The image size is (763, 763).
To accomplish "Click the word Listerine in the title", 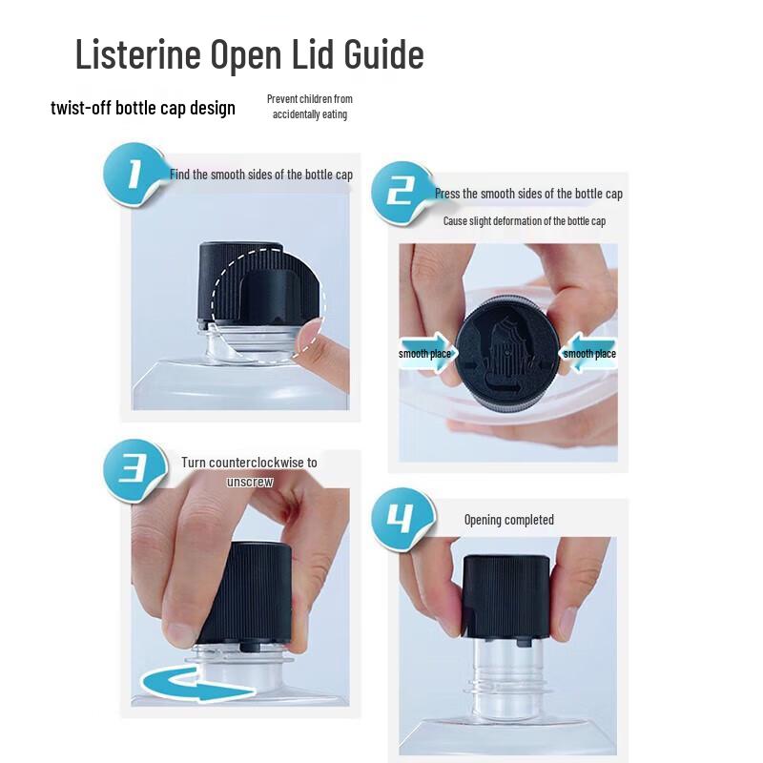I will [137, 54].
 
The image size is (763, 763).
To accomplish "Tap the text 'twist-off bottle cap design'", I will [143, 107].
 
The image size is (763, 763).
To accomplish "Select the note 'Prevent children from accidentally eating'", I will [309, 107].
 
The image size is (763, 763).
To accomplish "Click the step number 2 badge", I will [402, 193].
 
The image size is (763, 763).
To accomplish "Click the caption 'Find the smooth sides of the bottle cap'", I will [261, 175].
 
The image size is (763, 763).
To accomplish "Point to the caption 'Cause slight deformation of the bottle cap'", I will [524, 221].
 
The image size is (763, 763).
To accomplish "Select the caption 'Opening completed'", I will [508, 520].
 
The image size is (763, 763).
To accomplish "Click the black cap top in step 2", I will [506, 353].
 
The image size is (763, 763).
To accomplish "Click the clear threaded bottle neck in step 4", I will [505, 672].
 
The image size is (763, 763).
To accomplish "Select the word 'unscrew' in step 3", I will [250, 482].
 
